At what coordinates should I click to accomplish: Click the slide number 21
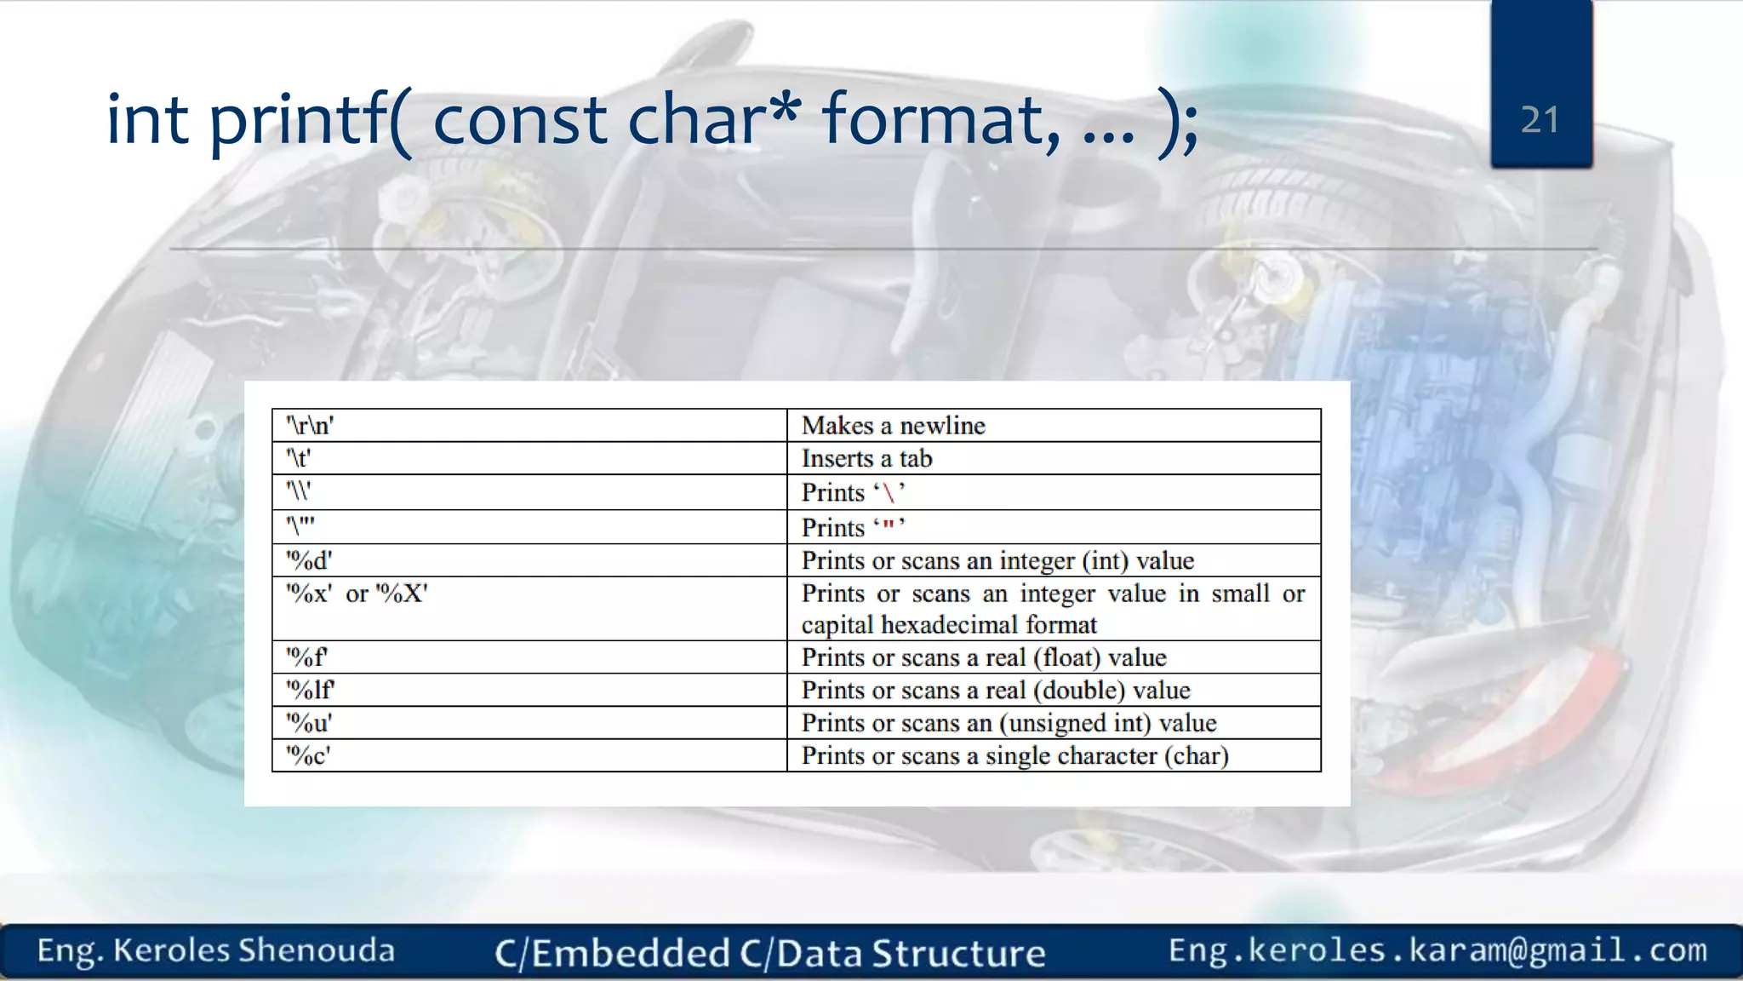(1540, 120)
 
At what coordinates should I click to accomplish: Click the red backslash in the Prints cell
(889, 493)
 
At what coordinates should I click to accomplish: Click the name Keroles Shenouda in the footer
(254, 950)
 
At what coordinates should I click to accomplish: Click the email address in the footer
(1437, 950)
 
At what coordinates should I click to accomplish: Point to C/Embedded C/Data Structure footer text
(770, 953)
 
